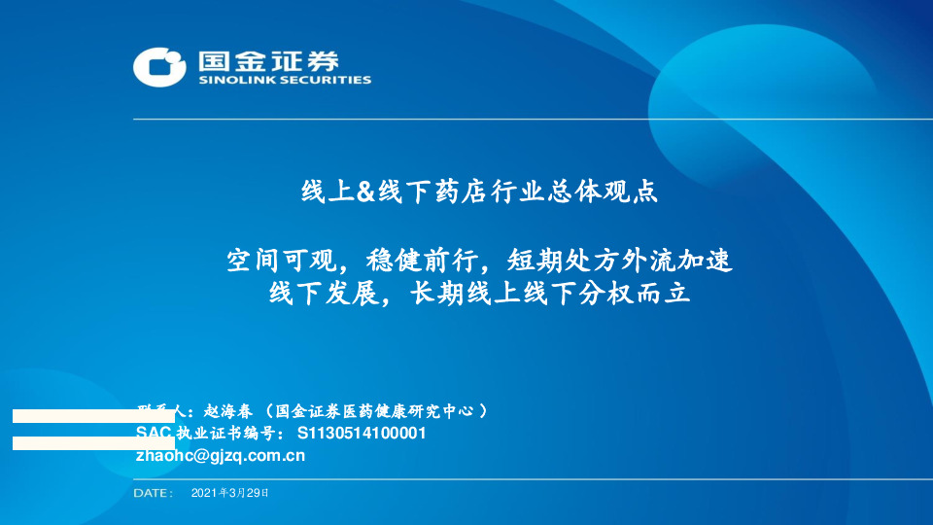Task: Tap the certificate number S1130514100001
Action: point(361,433)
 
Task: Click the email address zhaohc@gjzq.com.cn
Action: point(221,454)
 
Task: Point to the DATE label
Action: point(153,494)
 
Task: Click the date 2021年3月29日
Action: point(229,494)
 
